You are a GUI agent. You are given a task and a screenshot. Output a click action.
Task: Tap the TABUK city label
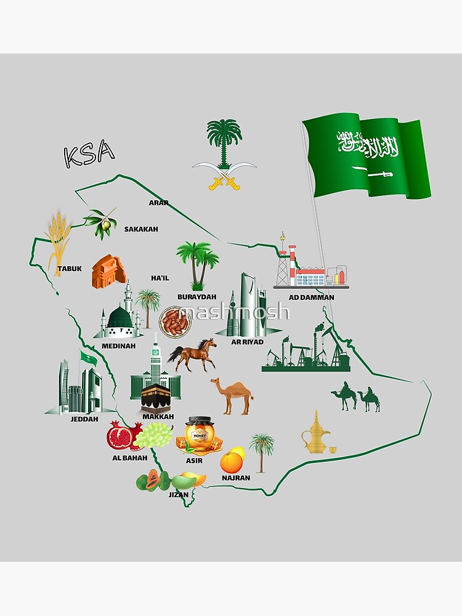pos(69,269)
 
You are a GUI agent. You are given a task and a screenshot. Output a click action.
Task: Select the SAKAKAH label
pos(141,229)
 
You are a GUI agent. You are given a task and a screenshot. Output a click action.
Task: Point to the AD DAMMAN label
pos(312,298)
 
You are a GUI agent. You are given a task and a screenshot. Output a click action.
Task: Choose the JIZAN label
pos(179,494)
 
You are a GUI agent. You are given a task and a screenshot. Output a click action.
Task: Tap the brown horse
pos(192,355)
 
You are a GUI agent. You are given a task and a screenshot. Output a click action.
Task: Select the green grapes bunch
pos(153,436)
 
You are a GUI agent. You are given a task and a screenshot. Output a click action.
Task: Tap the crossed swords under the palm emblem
pos(224,175)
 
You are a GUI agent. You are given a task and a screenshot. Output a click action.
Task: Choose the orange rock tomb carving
pos(108,271)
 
